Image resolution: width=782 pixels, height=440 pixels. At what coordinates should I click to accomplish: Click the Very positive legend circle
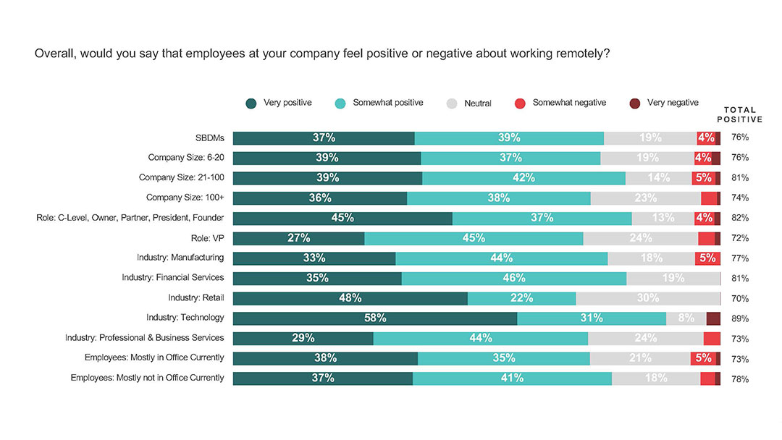(251, 103)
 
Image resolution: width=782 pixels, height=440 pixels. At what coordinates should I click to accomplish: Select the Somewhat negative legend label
(569, 103)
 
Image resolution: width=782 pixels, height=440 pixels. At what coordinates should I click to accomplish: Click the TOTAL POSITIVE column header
(739, 114)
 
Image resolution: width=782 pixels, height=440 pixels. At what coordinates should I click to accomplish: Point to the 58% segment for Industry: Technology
(375, 318)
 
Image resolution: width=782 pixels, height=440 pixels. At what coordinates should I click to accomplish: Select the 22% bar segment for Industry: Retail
(521, 298)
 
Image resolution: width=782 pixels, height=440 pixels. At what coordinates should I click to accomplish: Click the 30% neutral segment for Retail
(647, 298)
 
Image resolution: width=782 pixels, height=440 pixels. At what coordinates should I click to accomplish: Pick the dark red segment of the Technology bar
(713, 318)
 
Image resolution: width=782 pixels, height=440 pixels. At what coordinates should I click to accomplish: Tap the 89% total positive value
(740, 318)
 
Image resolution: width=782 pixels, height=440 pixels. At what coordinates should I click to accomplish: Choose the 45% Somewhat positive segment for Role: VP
(474, 238)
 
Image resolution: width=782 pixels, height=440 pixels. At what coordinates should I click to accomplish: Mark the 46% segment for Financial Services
(513, 278)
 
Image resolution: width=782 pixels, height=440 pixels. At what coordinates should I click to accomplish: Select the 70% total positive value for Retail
(740, 298)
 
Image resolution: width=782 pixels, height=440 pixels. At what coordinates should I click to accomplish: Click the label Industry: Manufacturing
(180, 257)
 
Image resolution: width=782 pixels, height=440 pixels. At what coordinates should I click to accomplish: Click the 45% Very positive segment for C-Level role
(342, 218)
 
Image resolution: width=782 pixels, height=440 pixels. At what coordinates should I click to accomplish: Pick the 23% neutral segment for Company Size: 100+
(645, 198)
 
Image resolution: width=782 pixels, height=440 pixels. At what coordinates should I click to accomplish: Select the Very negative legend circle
(635, 103)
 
